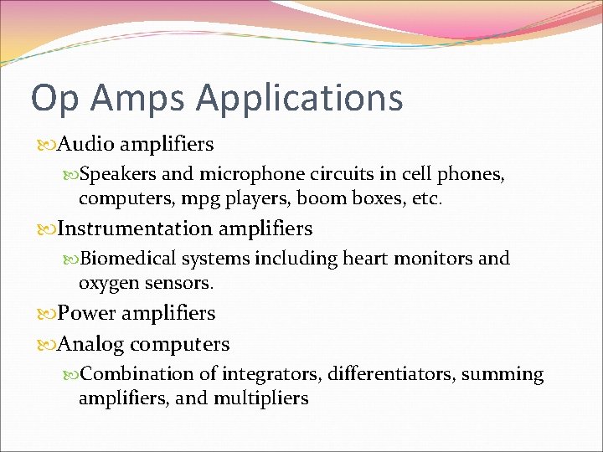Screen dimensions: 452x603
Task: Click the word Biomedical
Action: (127, 259)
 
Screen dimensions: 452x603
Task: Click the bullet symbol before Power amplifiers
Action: (46, 314)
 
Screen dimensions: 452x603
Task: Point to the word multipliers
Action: (261, 398)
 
